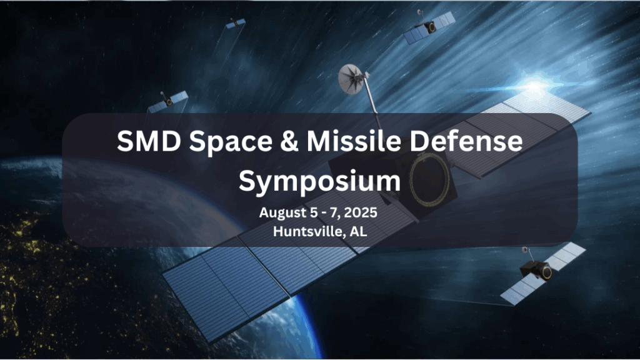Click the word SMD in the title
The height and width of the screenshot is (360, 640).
[x=149, y=141]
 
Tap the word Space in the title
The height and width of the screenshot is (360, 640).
[x=231, y=142]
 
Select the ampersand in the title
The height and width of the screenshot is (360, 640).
[x=289, y=141]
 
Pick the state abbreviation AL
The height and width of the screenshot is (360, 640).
[x=358, y=231]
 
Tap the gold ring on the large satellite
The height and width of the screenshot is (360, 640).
[x=429, y=179]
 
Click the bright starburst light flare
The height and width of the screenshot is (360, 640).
[x=534, y=86]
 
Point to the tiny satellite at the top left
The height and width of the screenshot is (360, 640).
[x=236, y=23]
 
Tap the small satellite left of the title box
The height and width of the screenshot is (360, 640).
[x=167, y=101]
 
